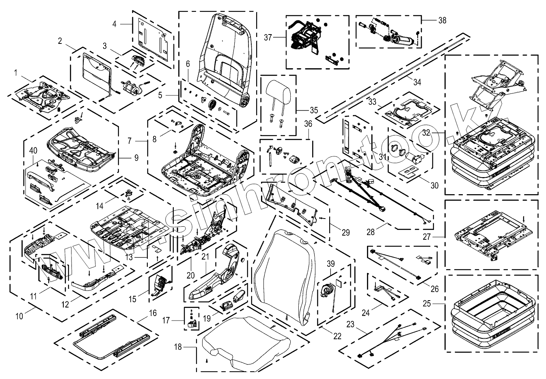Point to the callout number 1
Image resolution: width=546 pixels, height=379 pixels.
pyautogui.click(x=16, y=73)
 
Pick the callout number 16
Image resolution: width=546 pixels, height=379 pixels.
pyautogui.click(x=153, y=313)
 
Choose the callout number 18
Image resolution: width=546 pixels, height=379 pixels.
pyautogui.click(x=178, y=347)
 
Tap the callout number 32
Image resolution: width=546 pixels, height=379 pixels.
pyautogui.click(x=437, y=133)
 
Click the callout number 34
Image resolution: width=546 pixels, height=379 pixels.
pyautogui.click(x=417, y=82)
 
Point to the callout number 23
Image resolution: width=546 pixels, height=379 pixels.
pyautogui.click(x=350, y=325)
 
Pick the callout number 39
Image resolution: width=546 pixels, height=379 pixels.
pyautogui.click(x=330, y=263)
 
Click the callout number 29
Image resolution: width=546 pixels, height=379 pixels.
pyautogui.click(x=345, y=232)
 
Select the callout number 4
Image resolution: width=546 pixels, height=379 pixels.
pyautogui.click(x=114, y=24)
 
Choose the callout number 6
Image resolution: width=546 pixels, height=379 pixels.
pyautogui.click(x=188, y=63)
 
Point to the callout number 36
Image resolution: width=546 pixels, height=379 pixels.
pyautogui.click(x=308, y=123)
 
